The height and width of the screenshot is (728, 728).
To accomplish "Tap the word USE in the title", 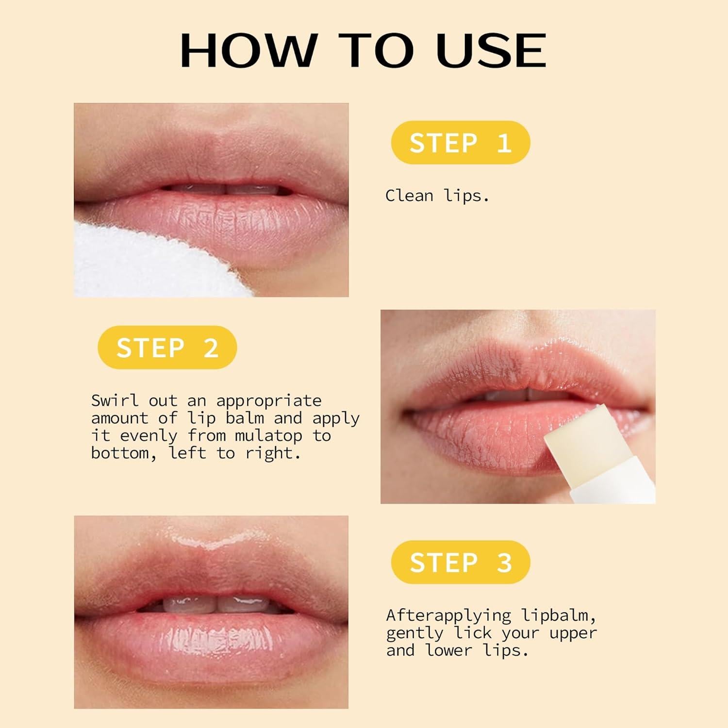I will tap(491, 50).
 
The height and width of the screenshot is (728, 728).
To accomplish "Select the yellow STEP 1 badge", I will tap(460, 143).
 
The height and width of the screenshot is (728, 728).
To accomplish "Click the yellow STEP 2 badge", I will tap(167, 347).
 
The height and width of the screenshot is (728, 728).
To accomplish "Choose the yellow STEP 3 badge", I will tap(460, 562).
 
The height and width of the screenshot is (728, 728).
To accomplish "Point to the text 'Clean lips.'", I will tap(437, 196).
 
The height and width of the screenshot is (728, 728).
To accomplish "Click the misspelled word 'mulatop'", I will tap(268, 435).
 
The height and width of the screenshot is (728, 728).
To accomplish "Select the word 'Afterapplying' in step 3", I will tap(448, 615).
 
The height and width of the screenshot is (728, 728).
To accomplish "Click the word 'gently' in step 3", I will tap(415, 633).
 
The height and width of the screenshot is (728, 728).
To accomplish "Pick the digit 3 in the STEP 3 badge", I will tap(504, 563).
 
